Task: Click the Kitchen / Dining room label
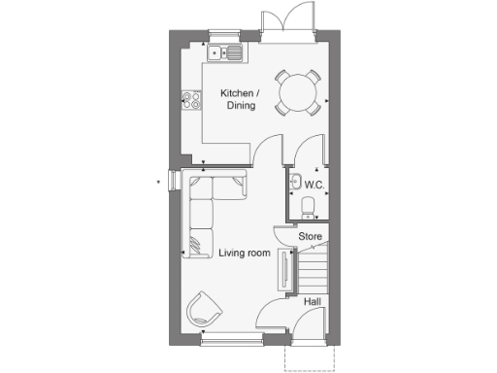pos(238,99)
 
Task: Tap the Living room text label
pos(244,253)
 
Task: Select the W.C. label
pos(314,184)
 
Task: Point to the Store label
pos(310,236)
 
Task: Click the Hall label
pos(313,302)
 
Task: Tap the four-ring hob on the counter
pos(190,100)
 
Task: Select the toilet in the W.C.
pos(308,206)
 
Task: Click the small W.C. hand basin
pos(294,181)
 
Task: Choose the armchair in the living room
pos(205,311)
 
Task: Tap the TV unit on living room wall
pos(284,269)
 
